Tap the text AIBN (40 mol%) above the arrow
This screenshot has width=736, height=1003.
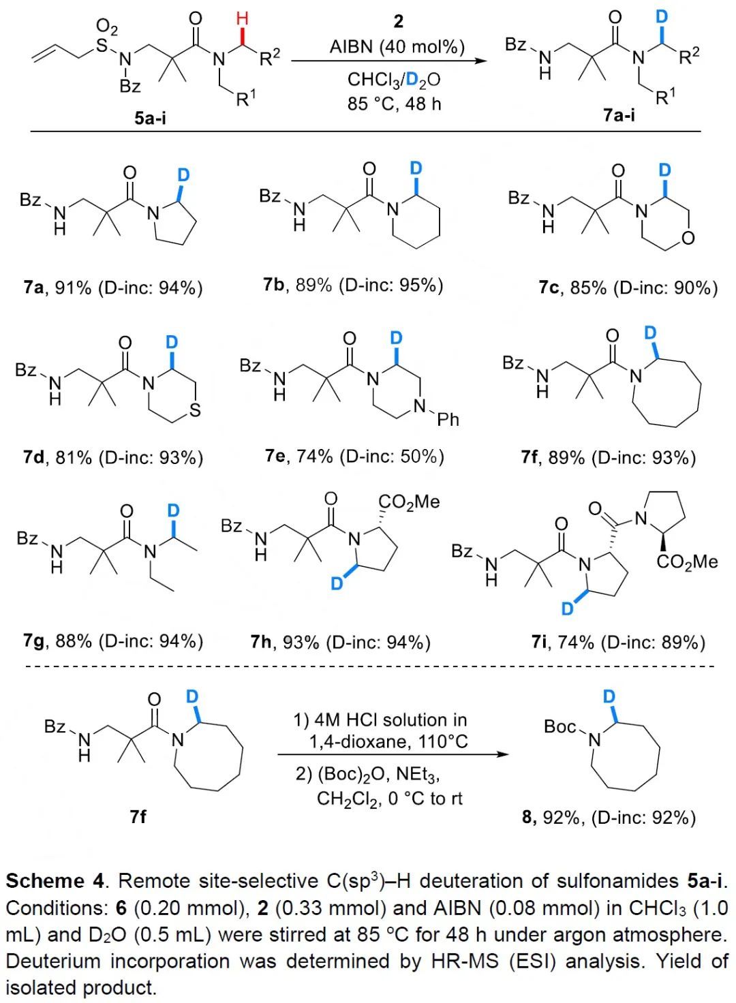pos(397,47)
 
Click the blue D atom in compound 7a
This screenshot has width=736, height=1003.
pos(183,175)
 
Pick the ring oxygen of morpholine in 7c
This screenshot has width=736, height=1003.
pos(688,238)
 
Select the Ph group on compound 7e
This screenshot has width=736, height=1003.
pos(448,419)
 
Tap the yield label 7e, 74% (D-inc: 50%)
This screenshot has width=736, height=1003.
pos(354,455)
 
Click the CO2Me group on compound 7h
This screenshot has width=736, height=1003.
pos(409,502)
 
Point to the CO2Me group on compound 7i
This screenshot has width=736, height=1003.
pos(687,561)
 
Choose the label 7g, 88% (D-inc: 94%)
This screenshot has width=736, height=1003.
pos(113,641)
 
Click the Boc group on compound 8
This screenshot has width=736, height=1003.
pos(560,727)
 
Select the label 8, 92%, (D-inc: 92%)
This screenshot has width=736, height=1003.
pos(609,816)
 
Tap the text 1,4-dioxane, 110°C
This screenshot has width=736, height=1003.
pos(388,741)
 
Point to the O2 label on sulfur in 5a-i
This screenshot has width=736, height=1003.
pos(106,27)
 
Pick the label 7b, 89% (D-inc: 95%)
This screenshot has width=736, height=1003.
pos(353,285)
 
